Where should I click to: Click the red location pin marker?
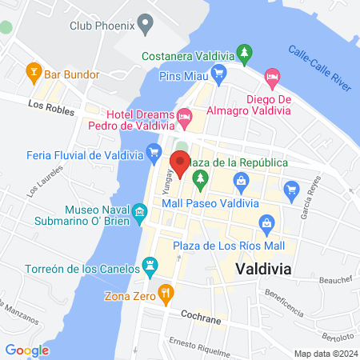pyautogui.click(x=180, y=162)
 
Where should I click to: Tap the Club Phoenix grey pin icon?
pyautogui.click(x=145, y=25)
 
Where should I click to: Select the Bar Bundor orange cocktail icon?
pyautogui.click(x=34, y=74)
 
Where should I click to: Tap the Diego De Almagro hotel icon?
pyautogui.click(x=272, y=78)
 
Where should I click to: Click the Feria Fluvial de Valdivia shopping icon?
pyautogui.click(x=154, y=150)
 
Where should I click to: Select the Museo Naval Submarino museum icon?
pyautogui.click(x=139, y=211)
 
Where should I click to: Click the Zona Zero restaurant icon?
pyautogui.click(x=166, y=292)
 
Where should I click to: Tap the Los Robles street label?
pyautogui.click(x=45, y=105)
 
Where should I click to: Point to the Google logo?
pyautogui.click(x=27, y=350)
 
